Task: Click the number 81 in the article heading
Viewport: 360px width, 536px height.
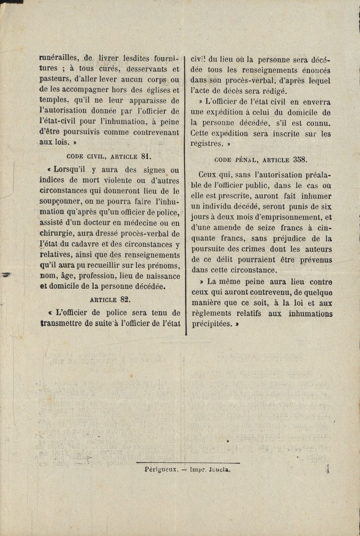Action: [x=145, y=156]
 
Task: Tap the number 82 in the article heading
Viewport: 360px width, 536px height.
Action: [x=125, y=299]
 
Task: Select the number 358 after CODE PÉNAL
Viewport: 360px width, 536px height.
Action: [x=300, y=159]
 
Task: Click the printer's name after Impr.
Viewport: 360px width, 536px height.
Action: [x=218, y=468]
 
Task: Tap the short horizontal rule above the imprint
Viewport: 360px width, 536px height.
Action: [x=188, y=463]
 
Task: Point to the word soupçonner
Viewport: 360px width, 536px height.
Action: [x=62, y=202]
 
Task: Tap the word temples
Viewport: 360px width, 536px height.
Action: [x=54, y=100]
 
